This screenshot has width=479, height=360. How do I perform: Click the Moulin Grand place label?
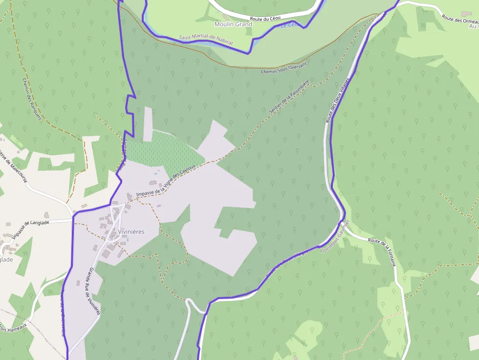(x=233, y=24)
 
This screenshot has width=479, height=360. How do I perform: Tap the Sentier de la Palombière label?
(x=289, y=97)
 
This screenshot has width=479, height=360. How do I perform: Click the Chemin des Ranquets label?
(x=32, y=100)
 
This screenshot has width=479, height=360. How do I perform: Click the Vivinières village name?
(x=131, y=232)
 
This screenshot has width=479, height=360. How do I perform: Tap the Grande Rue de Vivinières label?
(x=92, y=291)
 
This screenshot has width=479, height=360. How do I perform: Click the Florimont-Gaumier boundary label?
(x=335, y=236)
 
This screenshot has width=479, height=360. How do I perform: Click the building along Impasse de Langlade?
(x=46, y=215)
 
